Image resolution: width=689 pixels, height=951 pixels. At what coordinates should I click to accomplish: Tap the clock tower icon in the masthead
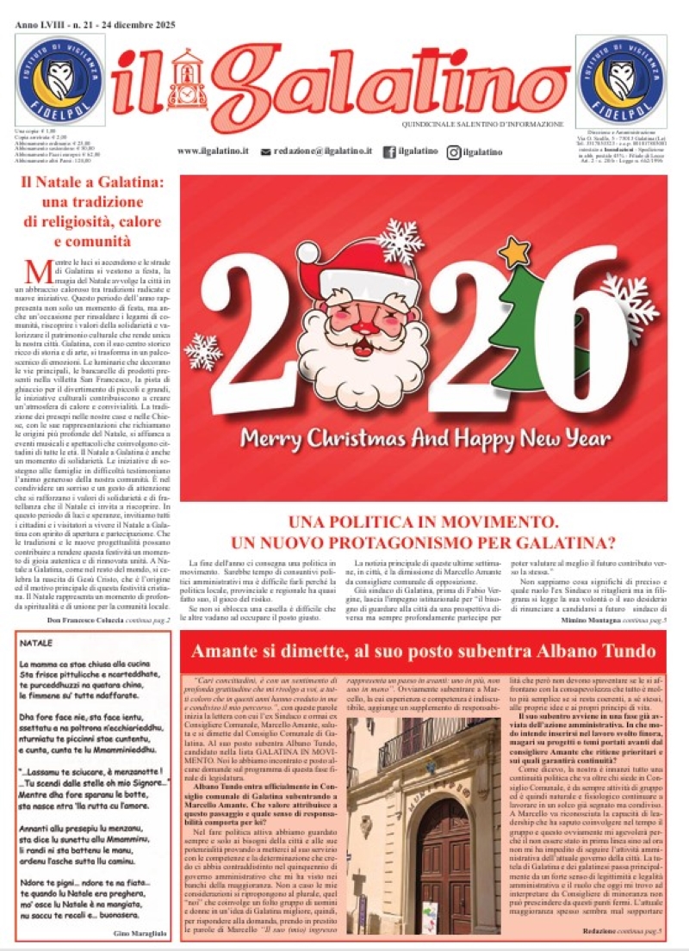click(x=184, y=82)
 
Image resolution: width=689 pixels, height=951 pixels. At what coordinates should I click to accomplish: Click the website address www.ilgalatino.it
click(x=214, y=151)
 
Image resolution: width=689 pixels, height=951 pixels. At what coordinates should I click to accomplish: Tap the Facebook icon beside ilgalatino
click(x=389, y=151)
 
